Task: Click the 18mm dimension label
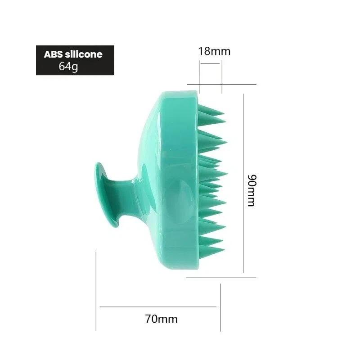[214, 51]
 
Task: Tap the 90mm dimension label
[252, 190]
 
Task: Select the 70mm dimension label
[161, 319]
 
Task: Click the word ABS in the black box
[53, 54]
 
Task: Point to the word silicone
[84, 54]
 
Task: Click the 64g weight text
[68, 67]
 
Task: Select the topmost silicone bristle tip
[224, 114]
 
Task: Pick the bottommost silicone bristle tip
[224, 249]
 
